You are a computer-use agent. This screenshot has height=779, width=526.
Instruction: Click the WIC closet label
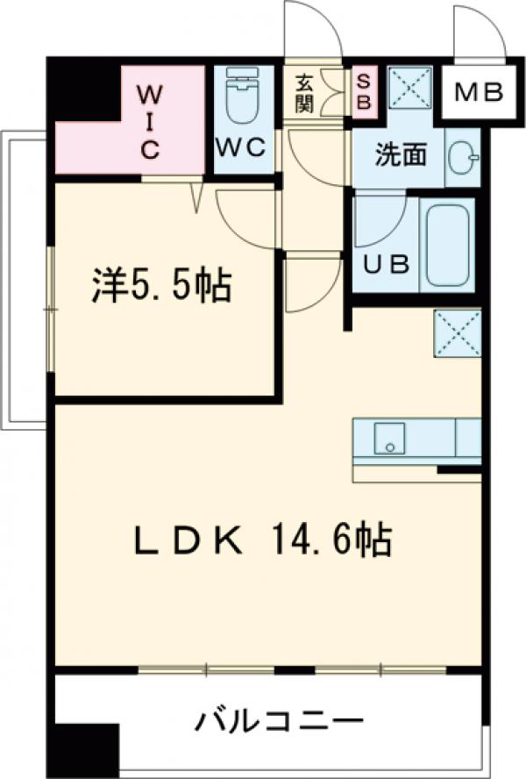click(150, 120)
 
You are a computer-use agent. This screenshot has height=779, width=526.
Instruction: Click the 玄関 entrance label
click(304, 94)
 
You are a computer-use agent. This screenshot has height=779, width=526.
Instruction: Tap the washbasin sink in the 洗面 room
click(463, 158)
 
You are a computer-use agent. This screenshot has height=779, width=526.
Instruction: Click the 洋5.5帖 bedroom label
click(161, 287)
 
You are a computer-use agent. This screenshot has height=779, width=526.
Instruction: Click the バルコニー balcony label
click(278, 724)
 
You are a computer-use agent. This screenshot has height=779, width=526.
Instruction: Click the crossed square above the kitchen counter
click(457, 334)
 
